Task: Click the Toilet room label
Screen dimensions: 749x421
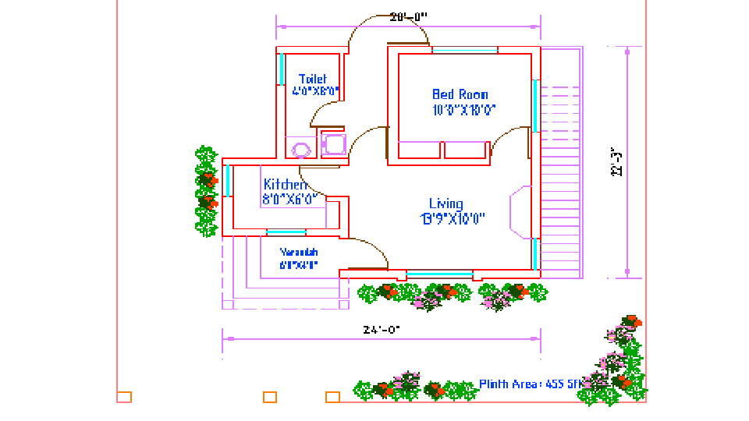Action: click(313, 79)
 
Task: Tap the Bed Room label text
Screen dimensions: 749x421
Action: click(460, 95)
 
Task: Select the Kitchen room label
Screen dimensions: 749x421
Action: click(285, 185)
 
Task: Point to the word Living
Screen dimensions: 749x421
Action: click(445, 204)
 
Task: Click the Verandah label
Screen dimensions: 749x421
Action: click(299, 252)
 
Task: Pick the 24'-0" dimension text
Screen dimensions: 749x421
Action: click(382, 330)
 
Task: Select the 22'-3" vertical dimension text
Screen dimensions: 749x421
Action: click(617, 162)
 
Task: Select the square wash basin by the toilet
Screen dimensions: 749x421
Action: click(334, 144)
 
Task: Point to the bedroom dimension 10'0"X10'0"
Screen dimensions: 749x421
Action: click(464, 110)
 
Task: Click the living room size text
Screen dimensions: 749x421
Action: click(453, 219)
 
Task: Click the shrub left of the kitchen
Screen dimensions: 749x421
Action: click(206, 191)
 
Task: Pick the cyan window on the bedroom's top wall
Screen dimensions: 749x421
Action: click(465, 51)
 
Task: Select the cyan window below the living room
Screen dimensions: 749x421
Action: click(439, 274)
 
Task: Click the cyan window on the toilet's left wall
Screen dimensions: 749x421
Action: click(281, 69)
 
